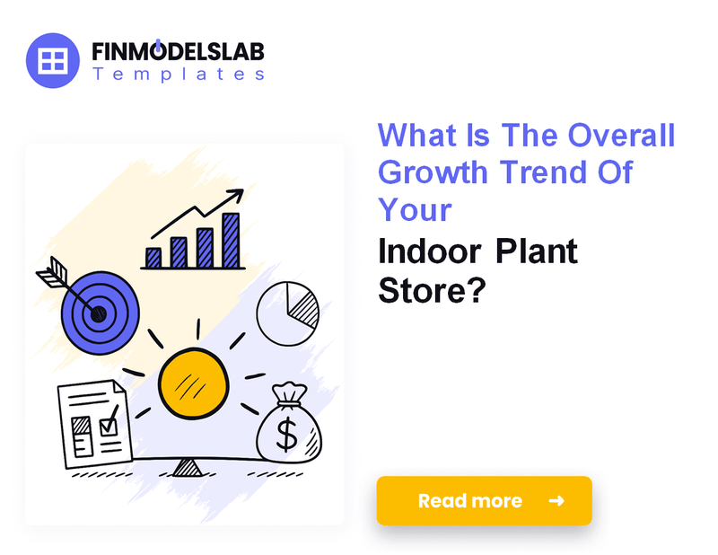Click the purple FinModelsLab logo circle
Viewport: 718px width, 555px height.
[x=55, y=60]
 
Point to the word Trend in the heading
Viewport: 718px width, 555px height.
[x=538, y=172]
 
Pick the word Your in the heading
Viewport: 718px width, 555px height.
[x=415, y=208]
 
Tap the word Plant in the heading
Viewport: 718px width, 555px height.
[x=537, y=251]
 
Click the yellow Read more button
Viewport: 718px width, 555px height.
[x=484, y=500]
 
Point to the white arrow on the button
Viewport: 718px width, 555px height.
[x=556, y=500]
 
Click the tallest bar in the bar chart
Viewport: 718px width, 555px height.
[x=232, y=241]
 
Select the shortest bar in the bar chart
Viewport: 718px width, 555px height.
[x=153, y=258]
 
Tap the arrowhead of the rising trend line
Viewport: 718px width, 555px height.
[x=237, y=194]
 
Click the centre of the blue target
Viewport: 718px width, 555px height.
[x=98, y=313]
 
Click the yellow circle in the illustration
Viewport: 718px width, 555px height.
[x=189, y=383]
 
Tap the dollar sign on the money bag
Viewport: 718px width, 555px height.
[x=287, y=434]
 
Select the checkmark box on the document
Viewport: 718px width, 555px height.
[x=109, y=422]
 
